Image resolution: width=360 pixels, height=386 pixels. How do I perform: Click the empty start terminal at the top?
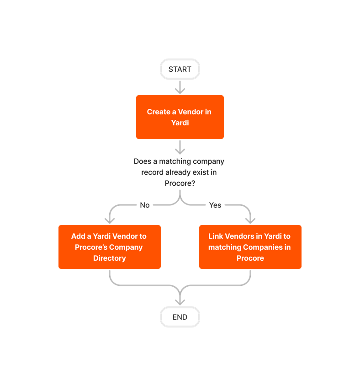(180, 69)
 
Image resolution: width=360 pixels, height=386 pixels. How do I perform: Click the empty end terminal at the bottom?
(180, 317)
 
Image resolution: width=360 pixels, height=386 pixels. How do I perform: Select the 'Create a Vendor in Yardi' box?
(180, 117)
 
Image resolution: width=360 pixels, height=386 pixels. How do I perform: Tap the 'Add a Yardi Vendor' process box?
(109, 247)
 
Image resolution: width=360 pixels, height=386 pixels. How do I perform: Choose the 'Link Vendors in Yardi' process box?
(250, 247)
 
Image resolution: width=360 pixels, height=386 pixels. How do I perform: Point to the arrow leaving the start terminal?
(180, 87)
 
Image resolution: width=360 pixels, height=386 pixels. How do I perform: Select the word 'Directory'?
(109, 258)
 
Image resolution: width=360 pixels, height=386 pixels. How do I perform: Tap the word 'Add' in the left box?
(78, 236)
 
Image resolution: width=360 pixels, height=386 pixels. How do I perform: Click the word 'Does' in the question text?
(143, 161)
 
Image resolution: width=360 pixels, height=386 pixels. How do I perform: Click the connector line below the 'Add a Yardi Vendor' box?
(110, 277)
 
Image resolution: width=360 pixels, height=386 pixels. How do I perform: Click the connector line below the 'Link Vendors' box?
(250, 277)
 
